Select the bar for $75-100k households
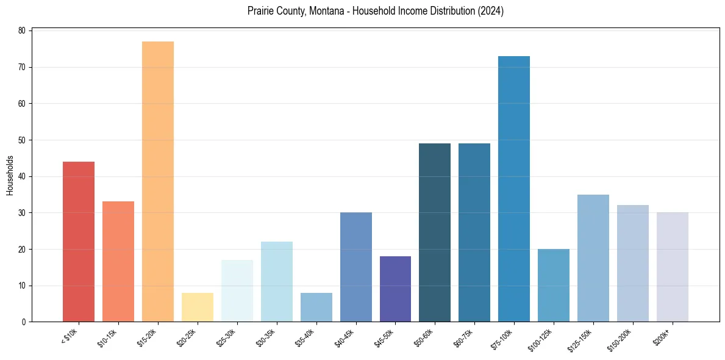pos(514,189)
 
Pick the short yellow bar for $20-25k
pos(198,307)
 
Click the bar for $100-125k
pos(554,285)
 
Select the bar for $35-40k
pos(316,307)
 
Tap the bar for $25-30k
pos(237,290)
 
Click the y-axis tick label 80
pos(21,31)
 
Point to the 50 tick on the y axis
pos(21,140)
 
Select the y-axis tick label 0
pos(23,322)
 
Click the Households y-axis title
pos(10,175)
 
